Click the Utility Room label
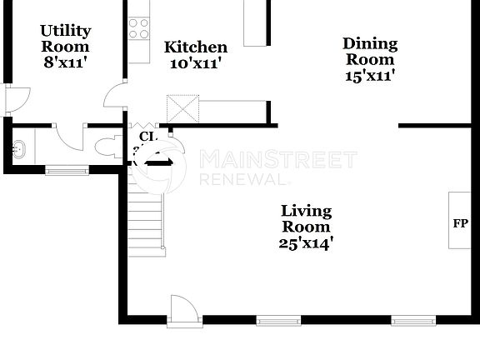coord(65,38)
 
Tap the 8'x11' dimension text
coord(65,62)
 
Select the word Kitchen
coord(195,47)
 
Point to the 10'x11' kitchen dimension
coord(195,62)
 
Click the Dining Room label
coord(370,51)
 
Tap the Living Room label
coord(305,218)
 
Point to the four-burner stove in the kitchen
coord(138,29)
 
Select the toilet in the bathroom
coord(107,147)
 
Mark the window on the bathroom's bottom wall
coord(67,171)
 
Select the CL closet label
coord(147,135)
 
